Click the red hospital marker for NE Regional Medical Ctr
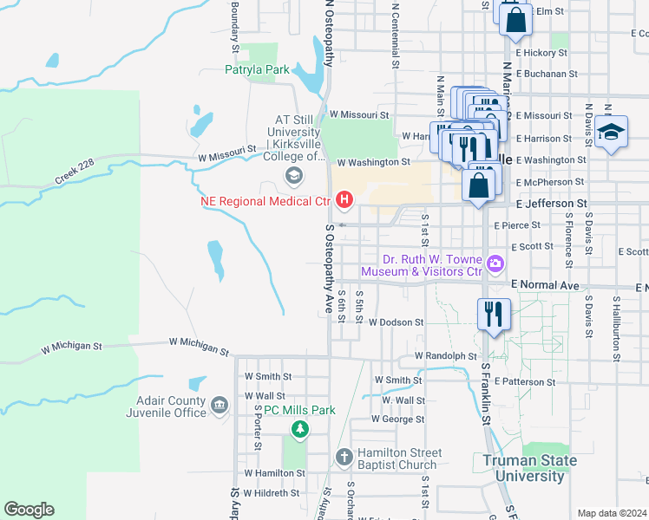(344, 201)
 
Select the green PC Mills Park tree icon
(299, 428)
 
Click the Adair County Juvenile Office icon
(219, 404)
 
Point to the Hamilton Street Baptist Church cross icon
(344, 457)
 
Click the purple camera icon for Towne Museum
(495, 263)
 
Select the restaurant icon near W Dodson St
(494, 314)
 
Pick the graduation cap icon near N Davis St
(612, 132)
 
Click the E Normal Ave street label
(545, 284)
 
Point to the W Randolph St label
(446, 356)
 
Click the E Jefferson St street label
(552, 204)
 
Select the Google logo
(29, 510)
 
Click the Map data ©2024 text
(613, 513)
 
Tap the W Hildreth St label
(272, 493)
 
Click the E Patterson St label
(526, 382)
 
